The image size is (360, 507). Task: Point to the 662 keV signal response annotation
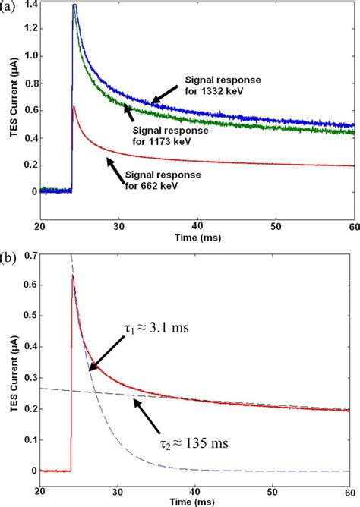point(160,179)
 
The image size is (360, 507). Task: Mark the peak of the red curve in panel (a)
point(73,107)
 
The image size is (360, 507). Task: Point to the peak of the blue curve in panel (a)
point(74,5)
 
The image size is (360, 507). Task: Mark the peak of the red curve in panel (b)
point(73,276)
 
